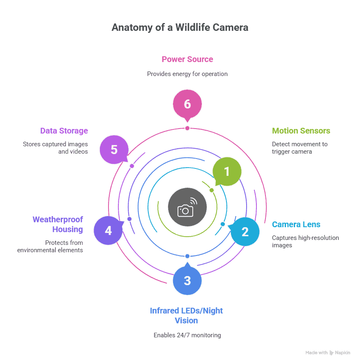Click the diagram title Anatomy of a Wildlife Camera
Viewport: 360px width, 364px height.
[x=180, y=28]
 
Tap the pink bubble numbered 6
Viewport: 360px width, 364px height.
[x=187, y=104]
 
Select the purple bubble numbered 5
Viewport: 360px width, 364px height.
[x=114, y=150]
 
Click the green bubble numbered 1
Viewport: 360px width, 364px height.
[x=227, y=171]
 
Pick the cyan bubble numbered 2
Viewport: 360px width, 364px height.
[x=245, y=232]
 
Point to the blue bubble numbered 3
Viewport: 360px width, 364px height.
[x=187, y=281]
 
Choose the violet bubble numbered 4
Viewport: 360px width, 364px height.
[x=108, y=230]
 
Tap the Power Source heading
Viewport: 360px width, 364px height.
[x=187, y=59]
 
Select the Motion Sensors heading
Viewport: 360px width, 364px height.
[x=301, y=131]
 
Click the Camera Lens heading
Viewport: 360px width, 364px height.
[x=296, y=225]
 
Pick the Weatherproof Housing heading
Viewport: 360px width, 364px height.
[x=58, y=224]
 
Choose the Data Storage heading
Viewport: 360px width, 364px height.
[x=64, y=131]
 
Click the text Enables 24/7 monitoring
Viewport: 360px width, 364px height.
[x=187, y=335]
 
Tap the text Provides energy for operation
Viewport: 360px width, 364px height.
[x=187, y=74]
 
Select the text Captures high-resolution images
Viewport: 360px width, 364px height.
[x=305, y=241]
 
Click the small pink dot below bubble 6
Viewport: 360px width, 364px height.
[x=187, y=128]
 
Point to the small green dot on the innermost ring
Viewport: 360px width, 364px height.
[x=212, y=190]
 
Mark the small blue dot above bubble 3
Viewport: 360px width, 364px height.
[x=187, y=256]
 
